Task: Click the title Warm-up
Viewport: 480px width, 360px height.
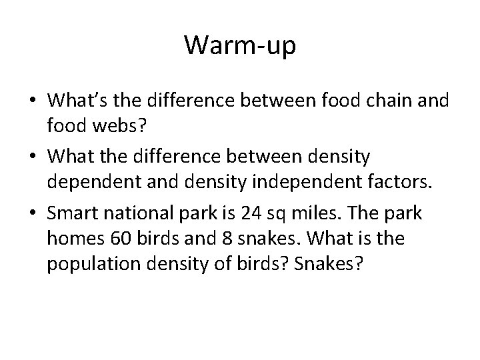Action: (x=239, y=45)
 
